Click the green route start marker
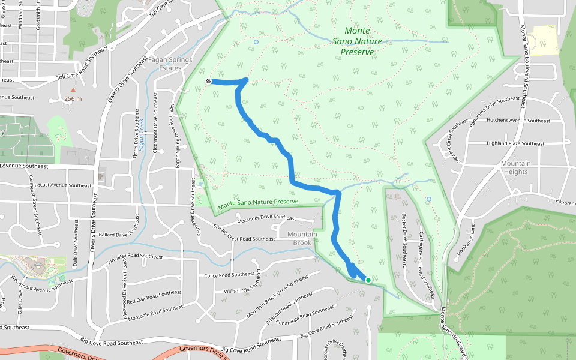click(x=368, y=280)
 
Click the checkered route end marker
click(x=208, y=81)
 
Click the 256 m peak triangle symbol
click(x=74, y=90)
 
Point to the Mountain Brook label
click(x=299, y=238)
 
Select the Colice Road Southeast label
click(x=230, y=275)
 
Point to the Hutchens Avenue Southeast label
click(x=519, y=121)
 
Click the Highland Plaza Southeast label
click(x=515, y=143)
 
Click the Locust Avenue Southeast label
click(x=64, y=186)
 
